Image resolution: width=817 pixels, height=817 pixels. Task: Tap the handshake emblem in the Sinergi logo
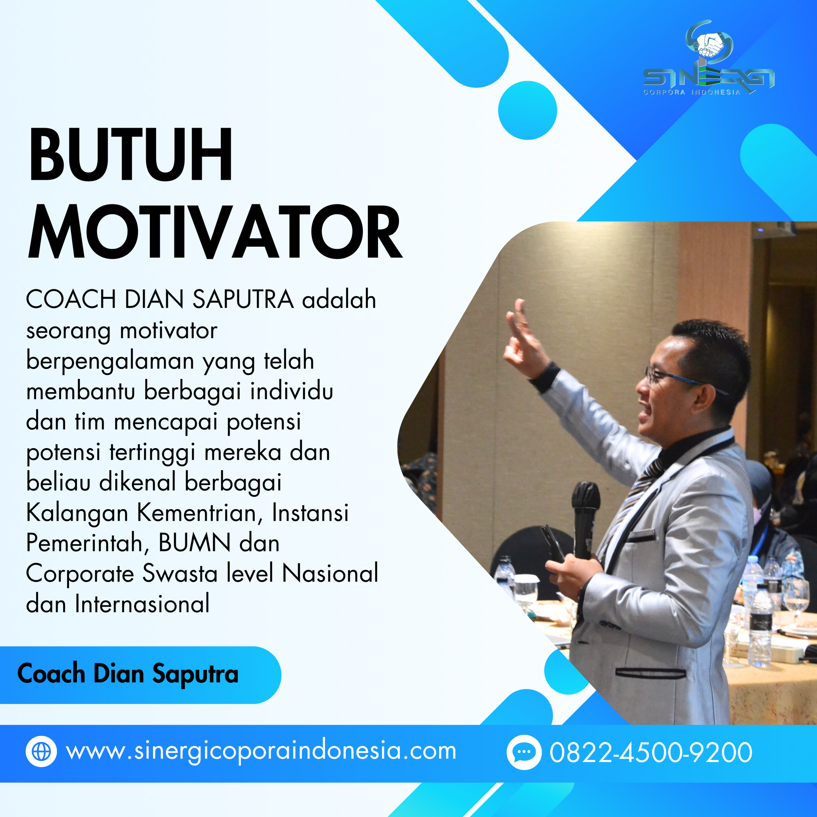(709, 44)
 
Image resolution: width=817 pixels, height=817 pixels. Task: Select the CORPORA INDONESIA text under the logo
(692, 92)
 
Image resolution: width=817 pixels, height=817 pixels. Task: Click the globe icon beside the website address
(41, 752)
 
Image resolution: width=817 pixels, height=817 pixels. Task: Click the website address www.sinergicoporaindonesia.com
(261, 752)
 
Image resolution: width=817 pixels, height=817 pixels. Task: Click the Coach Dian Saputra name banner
(128, 674)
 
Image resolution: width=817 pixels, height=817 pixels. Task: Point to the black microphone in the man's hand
(585, 516)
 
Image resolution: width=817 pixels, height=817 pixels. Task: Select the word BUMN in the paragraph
(195, 543)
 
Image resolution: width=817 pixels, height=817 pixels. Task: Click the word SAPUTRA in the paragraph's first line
(243, 299)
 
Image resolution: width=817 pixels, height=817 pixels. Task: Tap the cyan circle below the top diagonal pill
(527, 110)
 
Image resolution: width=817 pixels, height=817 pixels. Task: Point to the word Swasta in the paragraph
(180, 573)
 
